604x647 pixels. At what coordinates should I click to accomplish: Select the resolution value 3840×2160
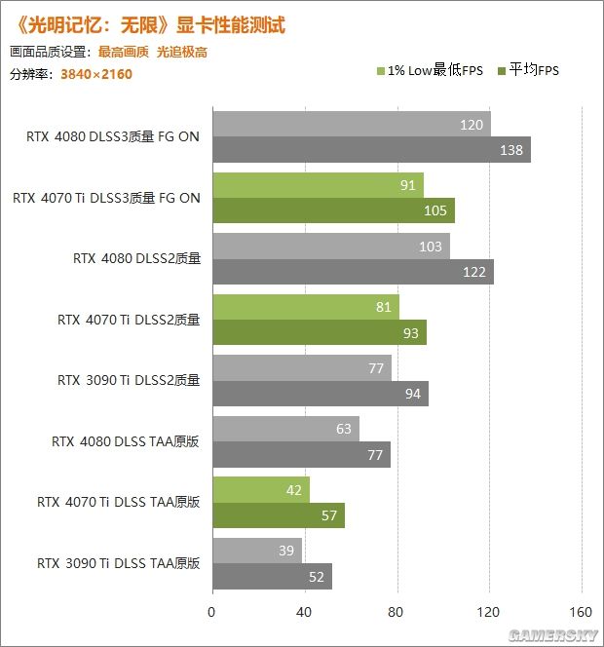pos(95,74)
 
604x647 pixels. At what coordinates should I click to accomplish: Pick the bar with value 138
pos(370,150)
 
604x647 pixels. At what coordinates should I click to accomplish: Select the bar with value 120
pos(351,125)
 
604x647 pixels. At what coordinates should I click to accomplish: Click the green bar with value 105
pos(332,211)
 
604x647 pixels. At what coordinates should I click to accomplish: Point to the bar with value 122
pos(352,272)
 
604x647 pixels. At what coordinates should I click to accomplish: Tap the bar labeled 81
pos(305,308)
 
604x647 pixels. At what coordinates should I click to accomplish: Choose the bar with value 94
pos(320,394)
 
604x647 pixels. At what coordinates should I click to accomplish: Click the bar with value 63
pos(284,430)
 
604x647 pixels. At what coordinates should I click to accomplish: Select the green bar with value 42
pos(260,490)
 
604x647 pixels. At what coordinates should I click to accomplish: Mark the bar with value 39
pos(256,552)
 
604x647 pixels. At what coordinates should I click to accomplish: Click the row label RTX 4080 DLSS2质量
pos(136,258)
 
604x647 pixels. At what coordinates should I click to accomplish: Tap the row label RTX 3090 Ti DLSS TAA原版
pos(119,563)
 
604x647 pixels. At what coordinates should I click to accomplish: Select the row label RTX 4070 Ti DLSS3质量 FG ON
pos(107,198)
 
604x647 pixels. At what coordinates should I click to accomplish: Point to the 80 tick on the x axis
pos(396,614)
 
